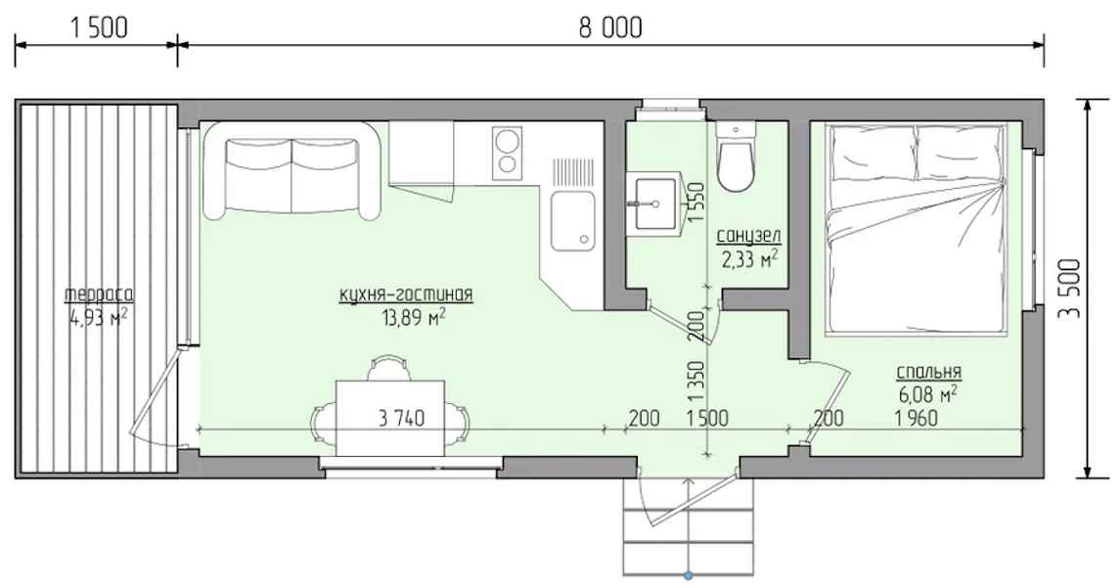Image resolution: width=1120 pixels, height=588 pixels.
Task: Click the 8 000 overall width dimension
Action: (x=610, y=27)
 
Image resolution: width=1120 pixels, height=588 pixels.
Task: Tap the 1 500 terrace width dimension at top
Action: (x=100, y=27)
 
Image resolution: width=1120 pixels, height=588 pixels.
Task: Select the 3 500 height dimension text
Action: (x=1069, y=289)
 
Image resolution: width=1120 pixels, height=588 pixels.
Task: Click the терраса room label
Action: (x=100, y=294)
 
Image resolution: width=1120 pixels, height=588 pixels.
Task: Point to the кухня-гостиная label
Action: (x=406, y=294)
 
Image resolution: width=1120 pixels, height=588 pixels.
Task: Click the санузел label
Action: (x=748, y=236)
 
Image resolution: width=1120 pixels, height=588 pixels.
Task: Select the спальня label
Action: (x=928, y=372)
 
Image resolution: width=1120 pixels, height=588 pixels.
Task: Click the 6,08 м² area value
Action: (x=928, y=393)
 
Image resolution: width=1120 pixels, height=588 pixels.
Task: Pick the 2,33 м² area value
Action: (x=749, y=258)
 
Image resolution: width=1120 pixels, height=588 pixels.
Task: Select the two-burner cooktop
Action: (x=507, y=152)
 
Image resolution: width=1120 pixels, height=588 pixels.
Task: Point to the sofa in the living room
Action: (x=291, y=170)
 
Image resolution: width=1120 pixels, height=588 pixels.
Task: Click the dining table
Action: (x=390, y=417)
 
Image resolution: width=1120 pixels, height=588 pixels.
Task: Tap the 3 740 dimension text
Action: (x=401, y=417)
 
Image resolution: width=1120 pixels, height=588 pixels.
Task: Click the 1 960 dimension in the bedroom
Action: (x=917, y=417)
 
